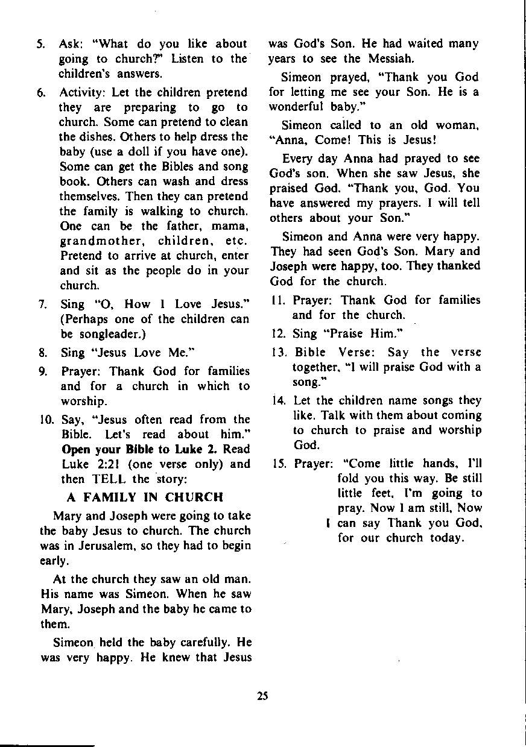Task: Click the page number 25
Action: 262,695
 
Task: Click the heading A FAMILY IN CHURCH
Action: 145,497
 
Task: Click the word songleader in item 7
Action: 99,334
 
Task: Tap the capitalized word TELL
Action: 108,479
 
